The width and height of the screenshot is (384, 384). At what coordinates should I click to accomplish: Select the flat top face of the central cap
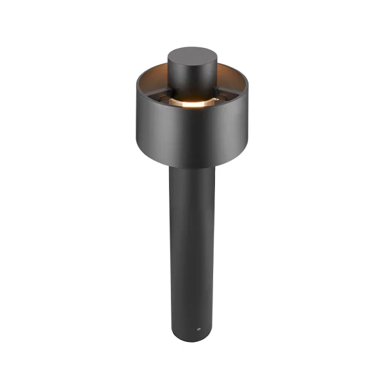(x=193, y=55)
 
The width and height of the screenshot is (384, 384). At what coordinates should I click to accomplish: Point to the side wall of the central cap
(x=193, y=77)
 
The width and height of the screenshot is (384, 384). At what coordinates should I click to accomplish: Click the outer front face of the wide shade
(x=192, y=134)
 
